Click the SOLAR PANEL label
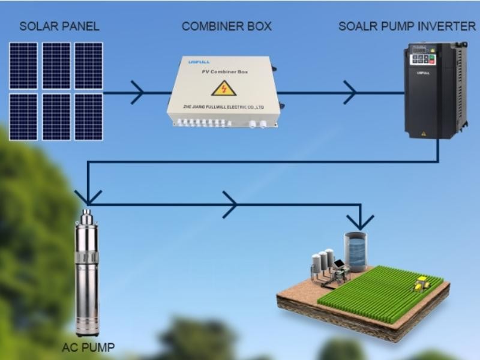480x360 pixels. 59,26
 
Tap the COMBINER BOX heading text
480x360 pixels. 226,26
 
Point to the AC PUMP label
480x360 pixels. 88,347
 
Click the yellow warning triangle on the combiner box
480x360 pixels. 223,88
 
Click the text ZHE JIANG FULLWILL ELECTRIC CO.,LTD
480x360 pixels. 223,107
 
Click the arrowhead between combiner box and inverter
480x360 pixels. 350,92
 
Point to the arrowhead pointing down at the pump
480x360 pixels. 88,197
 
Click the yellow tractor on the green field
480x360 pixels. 421,283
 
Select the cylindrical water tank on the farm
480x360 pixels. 355,251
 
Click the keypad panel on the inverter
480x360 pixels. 423,59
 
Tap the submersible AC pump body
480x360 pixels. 87,276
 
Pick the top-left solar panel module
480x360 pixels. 23,65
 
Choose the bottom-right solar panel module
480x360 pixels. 89,116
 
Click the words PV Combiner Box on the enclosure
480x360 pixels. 223,72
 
